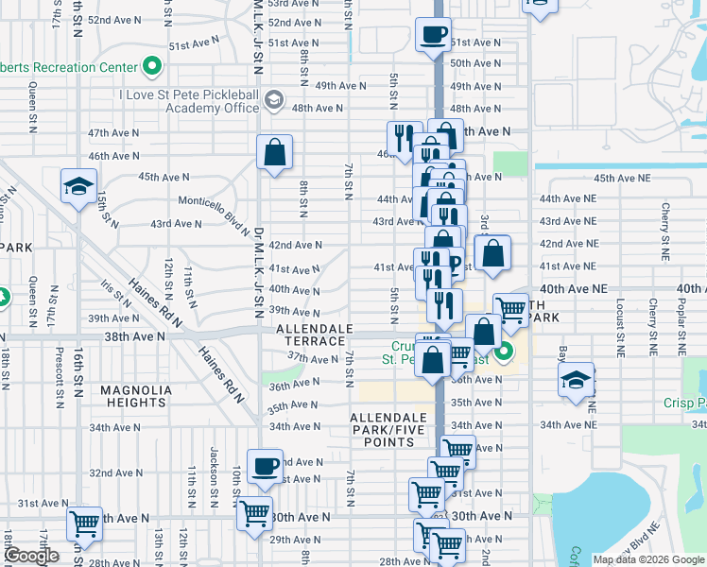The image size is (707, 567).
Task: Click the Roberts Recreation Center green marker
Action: (151, 67)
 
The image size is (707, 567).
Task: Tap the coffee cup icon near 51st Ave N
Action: (433, 35)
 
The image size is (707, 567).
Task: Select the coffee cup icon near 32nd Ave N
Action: (266, 465)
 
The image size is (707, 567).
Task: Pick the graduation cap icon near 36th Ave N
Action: (576, 380)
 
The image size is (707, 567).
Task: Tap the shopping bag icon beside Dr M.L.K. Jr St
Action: (274, 151)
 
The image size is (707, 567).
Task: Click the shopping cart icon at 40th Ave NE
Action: (510, 309)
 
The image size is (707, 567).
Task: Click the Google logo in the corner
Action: (32, 556)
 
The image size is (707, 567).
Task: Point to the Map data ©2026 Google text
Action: (648, 559)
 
